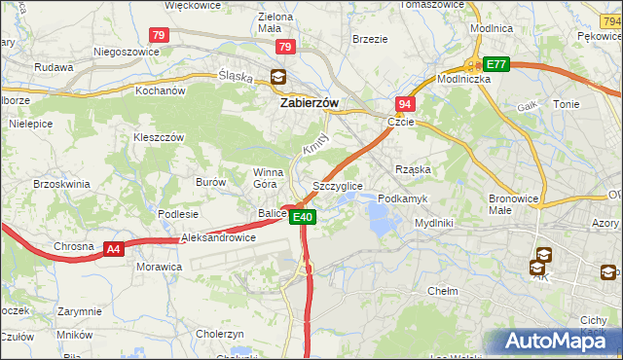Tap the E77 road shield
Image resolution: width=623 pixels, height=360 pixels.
[x=497, y=64]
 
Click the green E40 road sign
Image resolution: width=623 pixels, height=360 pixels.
[x=303, y=217]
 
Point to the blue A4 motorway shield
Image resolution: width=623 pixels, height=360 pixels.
[x=114, y=249]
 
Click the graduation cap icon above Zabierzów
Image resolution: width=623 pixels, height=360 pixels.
[x=278, y=77]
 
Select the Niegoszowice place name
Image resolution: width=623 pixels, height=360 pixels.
[x=125, y=52]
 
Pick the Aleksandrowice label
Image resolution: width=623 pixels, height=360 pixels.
[x=218, y=237]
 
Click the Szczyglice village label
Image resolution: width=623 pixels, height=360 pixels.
[x=338, y=185]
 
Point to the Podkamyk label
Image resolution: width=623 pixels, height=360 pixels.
[x=402, y=198]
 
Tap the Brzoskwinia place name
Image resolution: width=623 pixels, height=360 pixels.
[x=61, y=183]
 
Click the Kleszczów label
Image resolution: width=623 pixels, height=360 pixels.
[x=159, y=137]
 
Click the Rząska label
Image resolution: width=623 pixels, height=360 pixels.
[x=413, y=168]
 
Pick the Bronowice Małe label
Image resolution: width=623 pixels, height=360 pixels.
[x=514, y=203]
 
